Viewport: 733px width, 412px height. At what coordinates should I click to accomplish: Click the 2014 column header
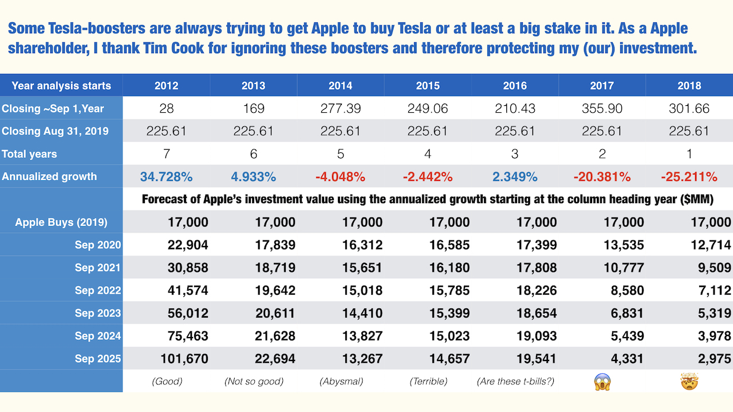(340, 86)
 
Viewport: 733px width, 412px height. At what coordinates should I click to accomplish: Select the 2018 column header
(689, 86)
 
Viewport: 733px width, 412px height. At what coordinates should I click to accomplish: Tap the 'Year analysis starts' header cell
(61, 86)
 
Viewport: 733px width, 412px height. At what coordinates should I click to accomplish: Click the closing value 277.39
(340, 109)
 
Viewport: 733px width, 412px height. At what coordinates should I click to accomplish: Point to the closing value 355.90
(601, 109)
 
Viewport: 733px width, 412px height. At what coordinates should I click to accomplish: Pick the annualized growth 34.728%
(167, 177)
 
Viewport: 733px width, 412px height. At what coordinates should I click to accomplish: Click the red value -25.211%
(689, 177)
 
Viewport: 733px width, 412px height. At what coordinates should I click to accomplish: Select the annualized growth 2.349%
(515, 177)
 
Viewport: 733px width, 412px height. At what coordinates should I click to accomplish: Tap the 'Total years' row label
(29, 154)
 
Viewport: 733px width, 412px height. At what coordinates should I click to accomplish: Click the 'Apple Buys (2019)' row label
(61, 222)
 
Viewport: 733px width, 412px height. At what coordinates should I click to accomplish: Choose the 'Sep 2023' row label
(97, 313)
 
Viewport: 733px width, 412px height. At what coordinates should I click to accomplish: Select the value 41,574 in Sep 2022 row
(188, 290)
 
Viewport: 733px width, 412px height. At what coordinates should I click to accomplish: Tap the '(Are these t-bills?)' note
(515, 381)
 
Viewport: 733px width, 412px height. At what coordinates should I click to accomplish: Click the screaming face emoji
(602, 381)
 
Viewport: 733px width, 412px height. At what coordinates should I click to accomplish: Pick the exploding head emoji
(689, 381)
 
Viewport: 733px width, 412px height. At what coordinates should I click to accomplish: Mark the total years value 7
(167, 154)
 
